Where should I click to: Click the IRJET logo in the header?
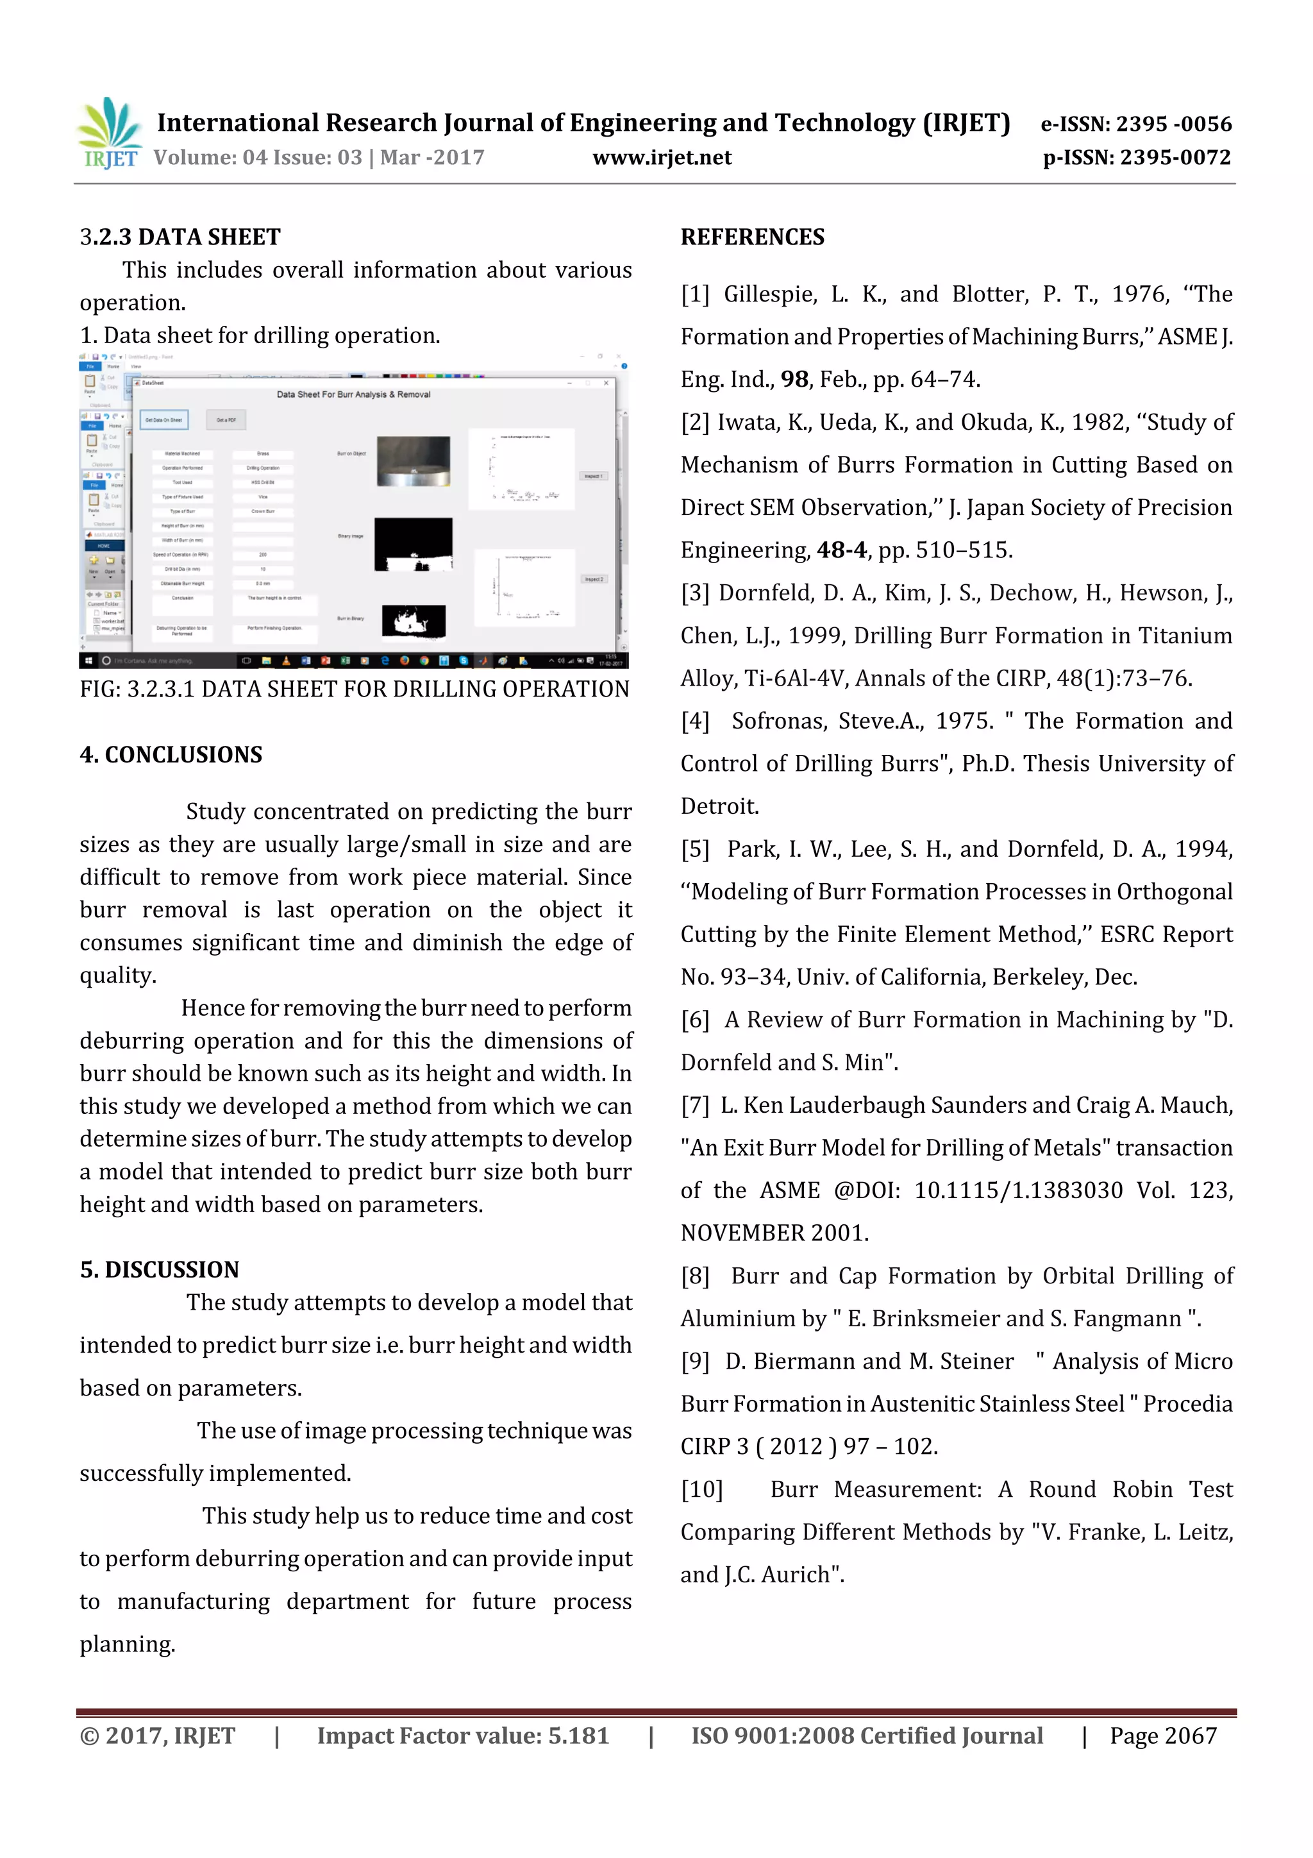tap(109, 133)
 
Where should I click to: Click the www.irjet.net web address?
tap(661, 158)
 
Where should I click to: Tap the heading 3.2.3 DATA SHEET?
tap(180, 237)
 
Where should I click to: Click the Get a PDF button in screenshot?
tap(226, 420)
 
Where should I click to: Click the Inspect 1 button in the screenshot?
tap(592, 476)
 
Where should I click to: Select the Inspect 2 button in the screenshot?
tap(593, 579)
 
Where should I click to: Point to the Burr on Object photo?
tap(414, 460)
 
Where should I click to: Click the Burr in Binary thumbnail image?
tap(414, 621)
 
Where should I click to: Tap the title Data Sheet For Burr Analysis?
tap(353, 394)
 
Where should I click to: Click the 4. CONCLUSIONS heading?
tap(171, 754)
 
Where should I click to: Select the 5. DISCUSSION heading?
tap(160, 1269)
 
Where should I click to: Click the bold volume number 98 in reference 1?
tap(794, 380)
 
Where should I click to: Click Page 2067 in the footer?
tap(1162, 1735)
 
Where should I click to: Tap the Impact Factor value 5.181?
tap(578, 1735)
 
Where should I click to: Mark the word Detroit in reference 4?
tap(719, 806)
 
